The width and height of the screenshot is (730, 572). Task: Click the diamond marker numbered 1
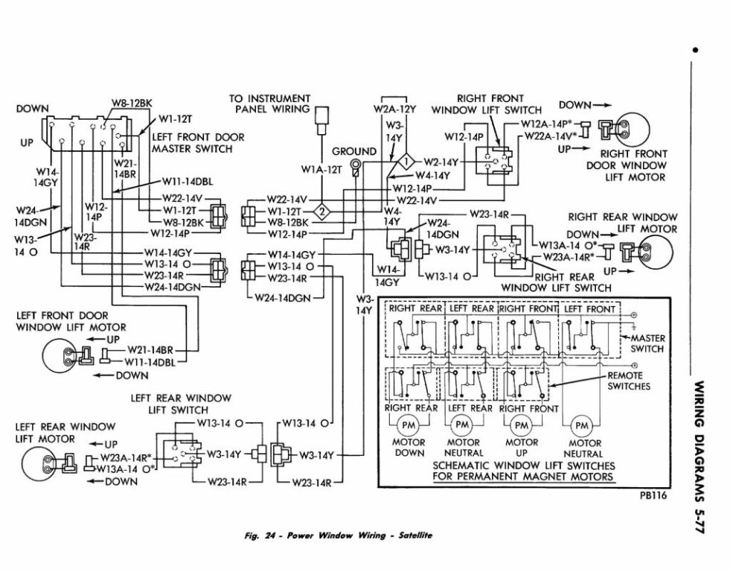point(407,162)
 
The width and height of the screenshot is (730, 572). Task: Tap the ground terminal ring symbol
point(355,164)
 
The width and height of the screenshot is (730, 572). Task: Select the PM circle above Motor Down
point(409,425)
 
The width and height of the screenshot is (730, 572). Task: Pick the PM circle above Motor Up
point(522,425)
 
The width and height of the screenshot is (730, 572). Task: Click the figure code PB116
point(653,495)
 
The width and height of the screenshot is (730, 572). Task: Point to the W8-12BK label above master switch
point(132,104)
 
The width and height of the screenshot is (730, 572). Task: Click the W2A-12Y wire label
point(394,109)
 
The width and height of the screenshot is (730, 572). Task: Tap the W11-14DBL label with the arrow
point(188,182)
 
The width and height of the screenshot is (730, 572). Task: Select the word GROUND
point(353,151)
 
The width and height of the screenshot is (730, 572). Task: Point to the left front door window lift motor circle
point(61,355)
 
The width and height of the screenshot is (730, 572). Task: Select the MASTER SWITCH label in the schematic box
point(647,343)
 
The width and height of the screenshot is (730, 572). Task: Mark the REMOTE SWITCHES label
point(629,381)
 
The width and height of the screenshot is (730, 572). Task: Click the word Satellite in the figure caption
point(415,536)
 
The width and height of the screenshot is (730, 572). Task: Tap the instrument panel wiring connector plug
point(321,121)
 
